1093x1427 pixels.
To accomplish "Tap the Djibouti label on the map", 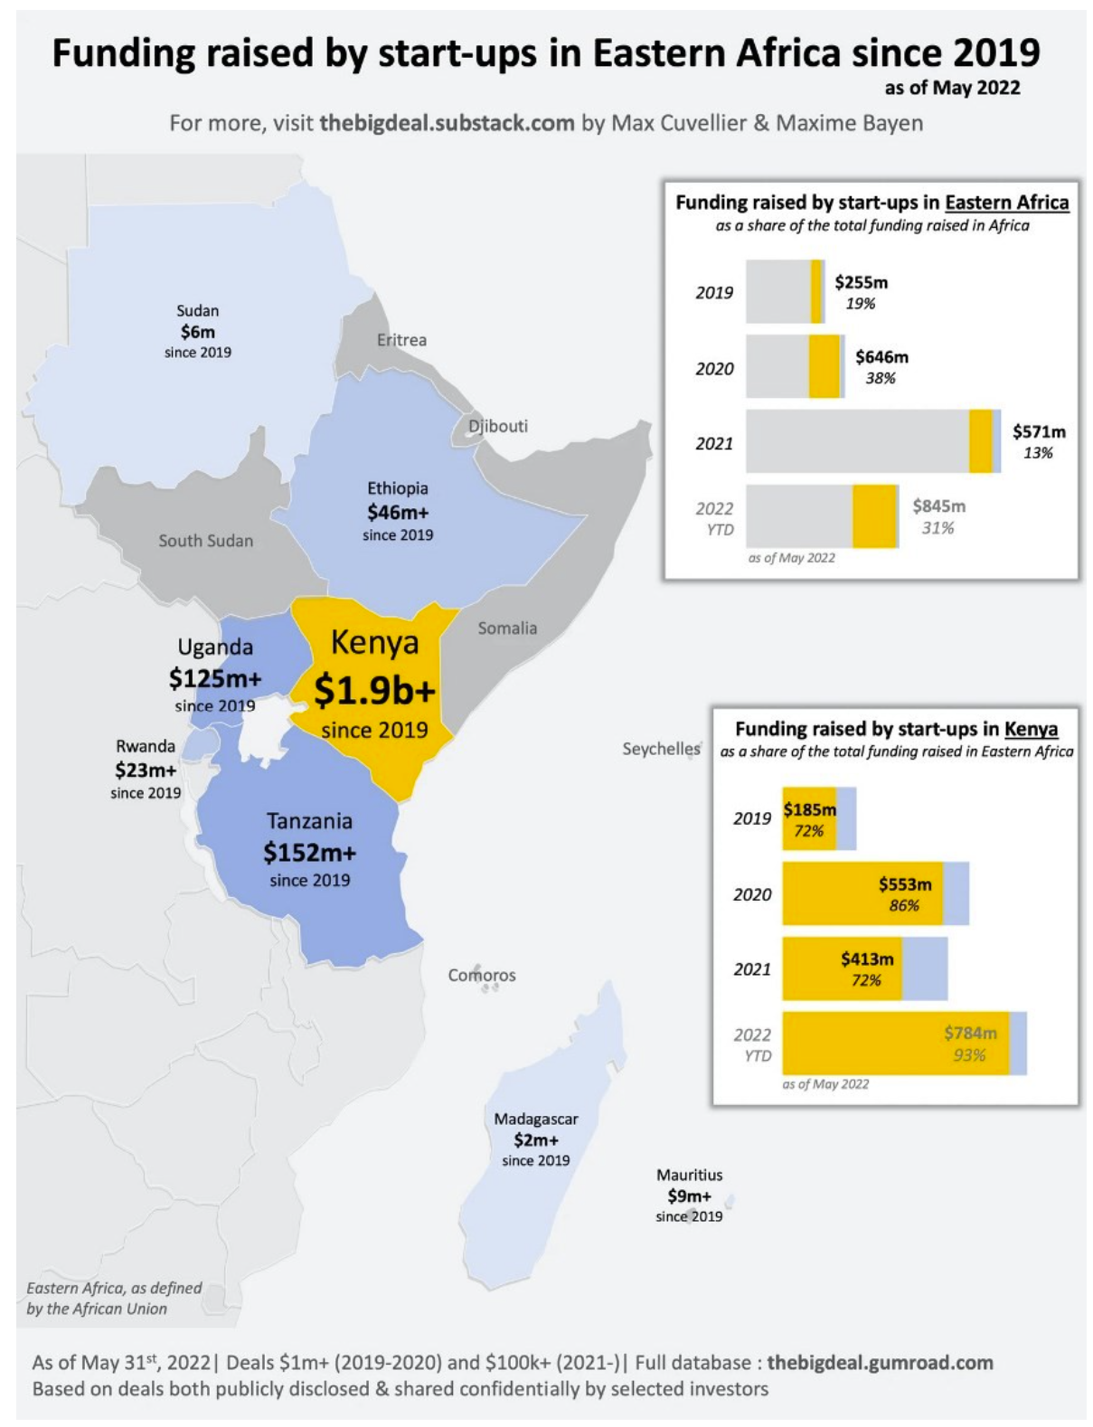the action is point(497,426).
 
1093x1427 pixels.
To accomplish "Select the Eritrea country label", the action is point(401,339).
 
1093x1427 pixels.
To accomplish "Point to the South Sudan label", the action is point(205,541).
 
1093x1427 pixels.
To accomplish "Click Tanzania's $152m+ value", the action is point(310,853).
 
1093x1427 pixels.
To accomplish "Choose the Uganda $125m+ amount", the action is point(215,677).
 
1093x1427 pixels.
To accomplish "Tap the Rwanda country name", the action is point(146,746).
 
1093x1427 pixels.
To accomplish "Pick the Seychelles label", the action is point(661,749).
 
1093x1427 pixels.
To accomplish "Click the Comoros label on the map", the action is point(482,975).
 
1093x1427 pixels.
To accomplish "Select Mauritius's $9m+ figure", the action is point(689,1195).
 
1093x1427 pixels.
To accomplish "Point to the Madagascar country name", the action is point(536,1119).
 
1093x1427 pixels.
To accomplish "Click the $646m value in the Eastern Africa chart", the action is point(881,357).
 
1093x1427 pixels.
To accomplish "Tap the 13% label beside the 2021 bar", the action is point(1038,452).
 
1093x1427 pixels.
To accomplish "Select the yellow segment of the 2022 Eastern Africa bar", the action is point(875,516).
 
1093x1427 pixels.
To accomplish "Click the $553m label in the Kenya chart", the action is point(905,884).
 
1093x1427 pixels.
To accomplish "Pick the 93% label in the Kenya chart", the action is point(969,1054).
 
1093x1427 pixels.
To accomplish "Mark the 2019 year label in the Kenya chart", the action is point(752,818).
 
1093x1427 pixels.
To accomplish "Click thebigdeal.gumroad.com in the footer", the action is point(880,1362).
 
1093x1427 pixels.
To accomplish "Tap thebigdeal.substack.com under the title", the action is point(447,123).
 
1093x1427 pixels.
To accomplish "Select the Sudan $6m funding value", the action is point(198,332).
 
